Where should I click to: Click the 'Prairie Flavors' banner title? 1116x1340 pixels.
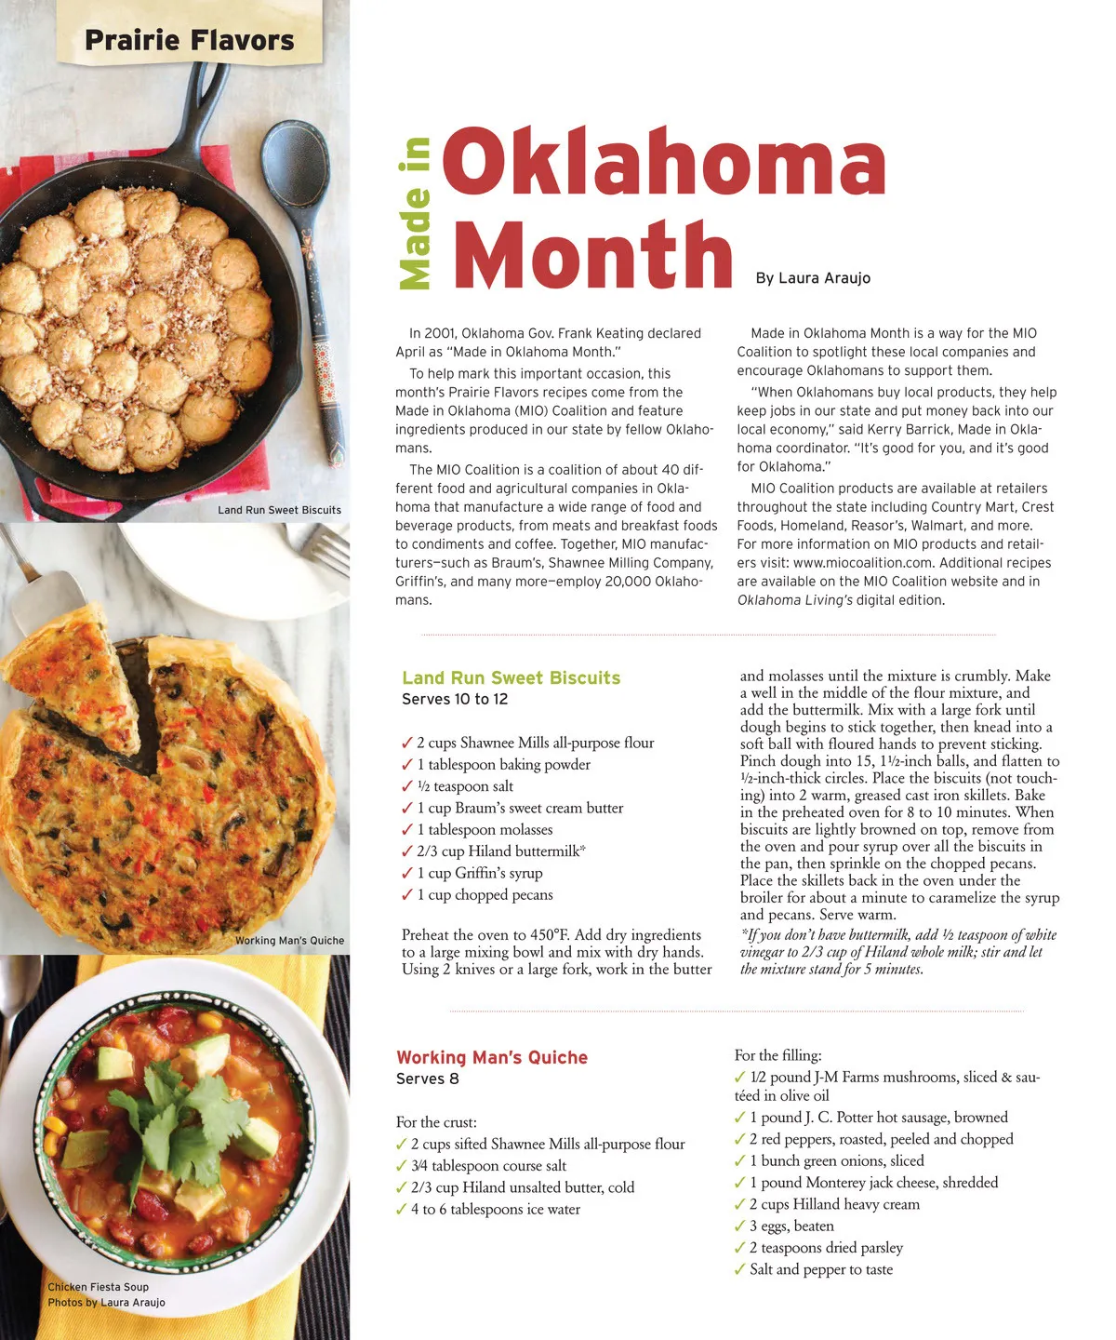(x=189, y=41)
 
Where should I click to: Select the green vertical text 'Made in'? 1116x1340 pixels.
(x=415, y=213)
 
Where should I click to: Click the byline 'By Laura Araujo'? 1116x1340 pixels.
(x=813, y=278)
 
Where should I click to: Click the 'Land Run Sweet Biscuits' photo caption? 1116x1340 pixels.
(x=279, y=510)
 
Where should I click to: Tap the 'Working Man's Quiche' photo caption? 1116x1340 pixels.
(x=289, y=941)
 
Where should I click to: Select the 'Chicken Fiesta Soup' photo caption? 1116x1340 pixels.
(x=98, y=1287)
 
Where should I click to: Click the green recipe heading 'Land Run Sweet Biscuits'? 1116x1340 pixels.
(x=511, y=678)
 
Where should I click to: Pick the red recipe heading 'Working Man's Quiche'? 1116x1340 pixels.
(x=492, y=1058)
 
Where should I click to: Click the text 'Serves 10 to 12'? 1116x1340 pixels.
(x=455, y=700)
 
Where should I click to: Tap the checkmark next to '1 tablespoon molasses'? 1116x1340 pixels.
(x=406, y=829)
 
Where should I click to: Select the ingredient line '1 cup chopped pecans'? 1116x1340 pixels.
(x=485, y=895)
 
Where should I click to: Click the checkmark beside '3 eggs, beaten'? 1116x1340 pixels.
(x=740, y=1226)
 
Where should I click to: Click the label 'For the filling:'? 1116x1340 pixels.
(x=777, y=1055)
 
